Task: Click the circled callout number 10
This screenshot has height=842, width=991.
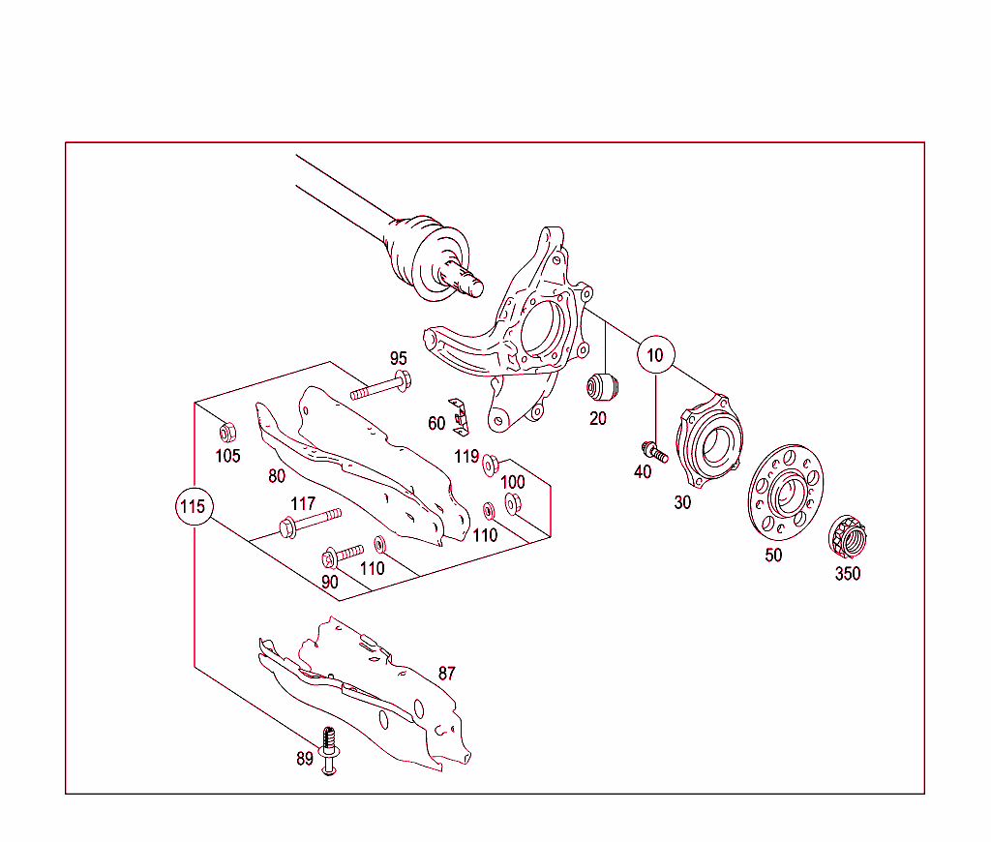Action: (x=655, y=355)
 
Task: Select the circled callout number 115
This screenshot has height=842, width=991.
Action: (x=194, y=506)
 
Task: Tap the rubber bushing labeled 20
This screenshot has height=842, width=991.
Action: (x=604, y=386)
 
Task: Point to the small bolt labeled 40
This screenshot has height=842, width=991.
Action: (x=653, y=450)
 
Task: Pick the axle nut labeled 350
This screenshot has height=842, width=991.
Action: (x=848, y=536)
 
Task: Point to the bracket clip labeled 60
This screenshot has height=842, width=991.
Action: (x=461, y=415)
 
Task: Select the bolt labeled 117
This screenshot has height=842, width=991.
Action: (x=309, y=522)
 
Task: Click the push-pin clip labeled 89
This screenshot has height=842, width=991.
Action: (x=330, y=751)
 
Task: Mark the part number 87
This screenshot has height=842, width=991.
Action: (x=446, y=674)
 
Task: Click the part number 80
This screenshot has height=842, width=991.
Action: (x=278, y=476)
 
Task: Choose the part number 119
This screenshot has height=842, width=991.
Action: (x=467, y=456)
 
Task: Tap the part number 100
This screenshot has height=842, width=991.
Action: (x=512, y=482)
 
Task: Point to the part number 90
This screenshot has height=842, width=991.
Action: (x=330, y=582)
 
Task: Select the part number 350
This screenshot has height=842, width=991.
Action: (x=848, y=573)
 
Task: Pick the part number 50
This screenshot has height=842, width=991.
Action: (x=773, y=556)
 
